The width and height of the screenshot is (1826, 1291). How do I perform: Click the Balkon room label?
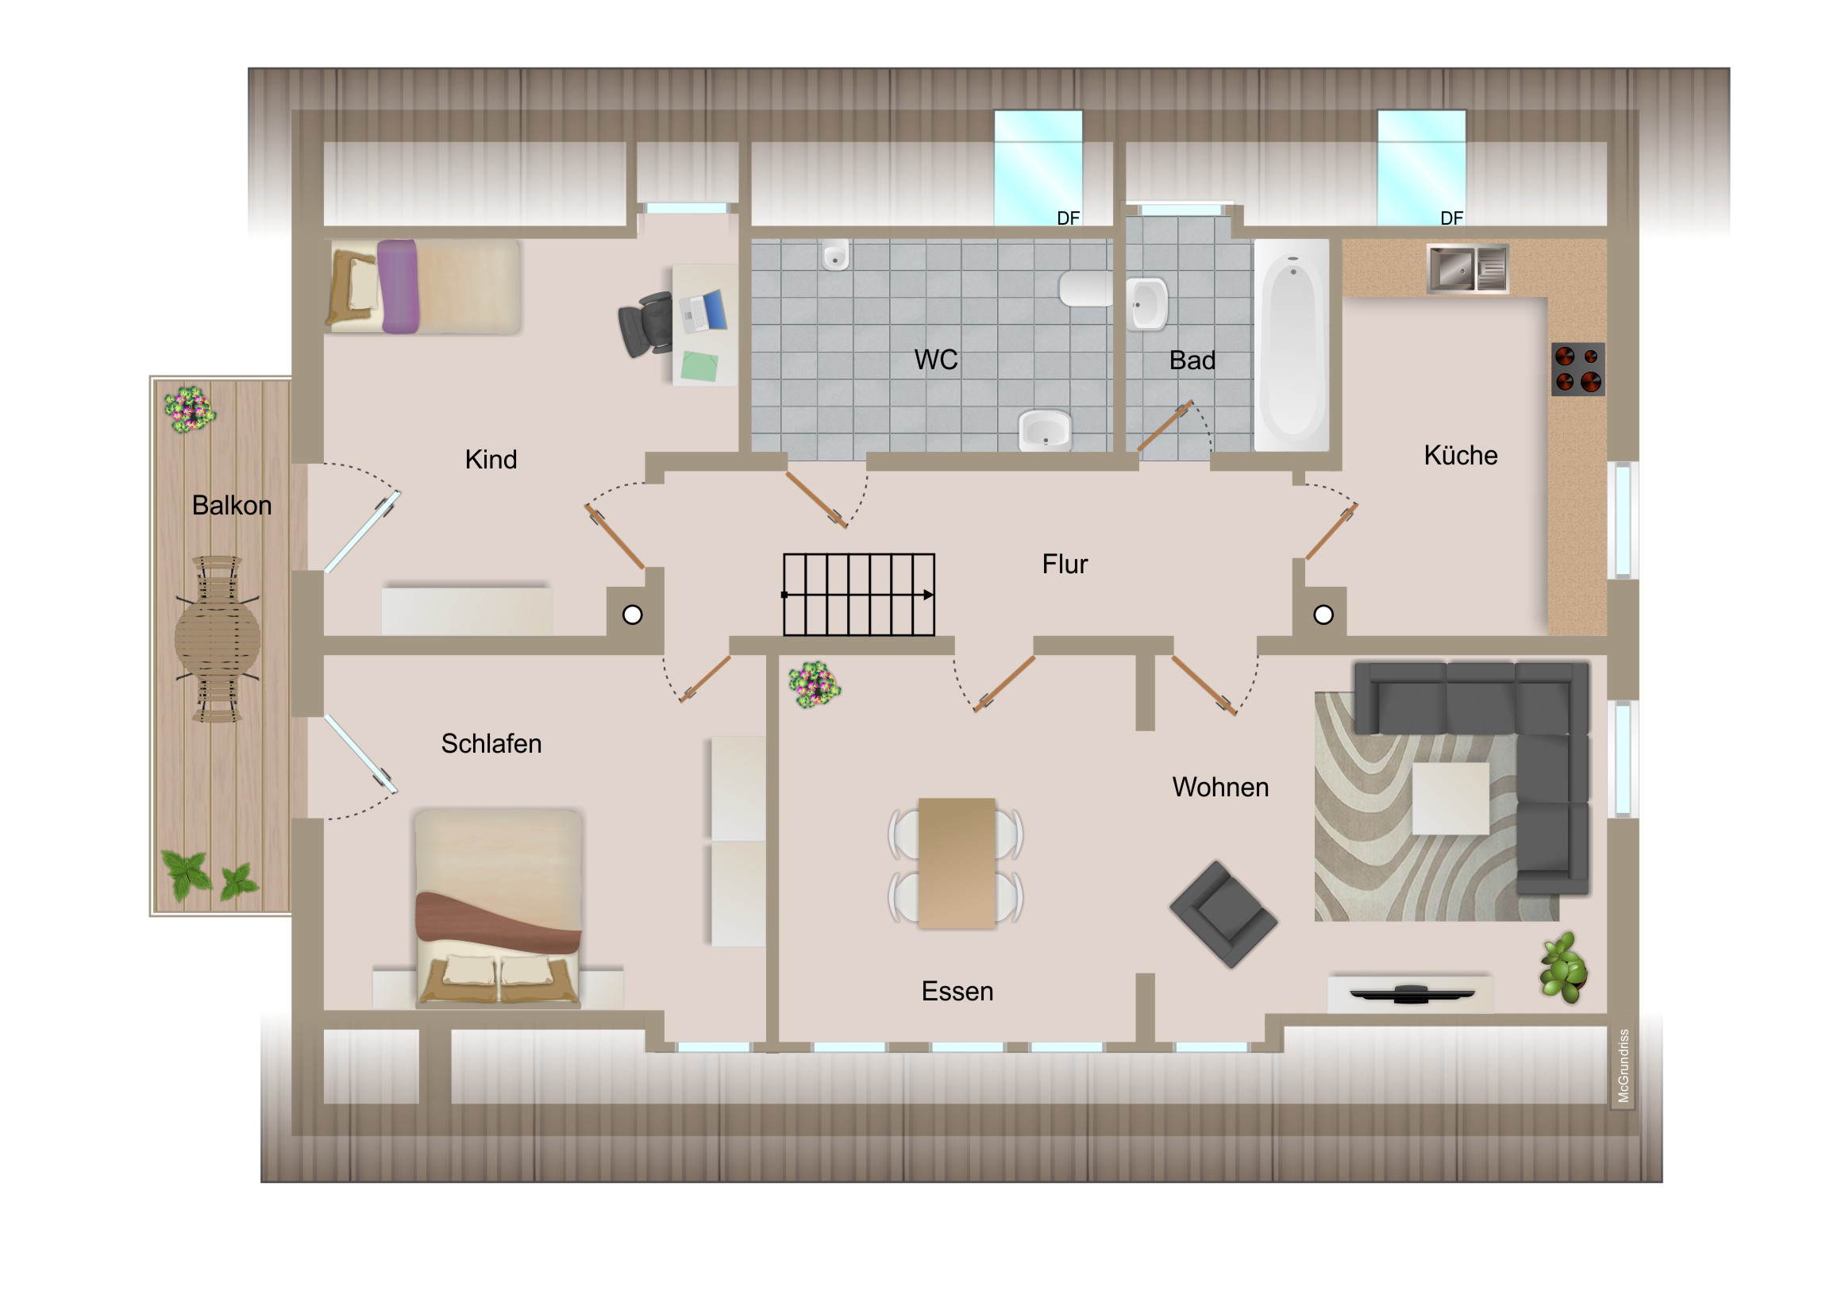232,506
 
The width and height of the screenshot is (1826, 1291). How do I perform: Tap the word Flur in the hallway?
1064,565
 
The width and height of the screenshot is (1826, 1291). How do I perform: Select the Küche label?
1460,455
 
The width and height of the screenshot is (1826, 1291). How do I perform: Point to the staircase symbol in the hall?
858,594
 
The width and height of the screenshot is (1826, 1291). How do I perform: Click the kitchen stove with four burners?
1578,369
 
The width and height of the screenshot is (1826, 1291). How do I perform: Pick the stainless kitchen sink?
1467,269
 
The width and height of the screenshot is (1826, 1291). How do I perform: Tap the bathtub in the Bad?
1292,345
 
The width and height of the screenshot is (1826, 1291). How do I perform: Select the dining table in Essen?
956,863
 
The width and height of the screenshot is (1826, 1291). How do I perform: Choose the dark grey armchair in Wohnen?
1223,915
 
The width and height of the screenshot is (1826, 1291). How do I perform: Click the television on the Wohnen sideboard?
1412,993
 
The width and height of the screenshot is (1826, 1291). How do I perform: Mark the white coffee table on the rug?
1450,799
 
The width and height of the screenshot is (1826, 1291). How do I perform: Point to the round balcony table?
217,638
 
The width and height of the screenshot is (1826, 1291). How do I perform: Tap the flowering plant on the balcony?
189,409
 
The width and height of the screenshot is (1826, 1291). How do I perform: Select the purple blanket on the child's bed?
398,287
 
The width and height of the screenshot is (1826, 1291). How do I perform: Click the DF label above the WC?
1068,218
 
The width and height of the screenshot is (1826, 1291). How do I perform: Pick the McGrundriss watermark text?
1624,1066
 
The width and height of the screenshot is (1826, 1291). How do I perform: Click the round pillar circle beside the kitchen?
1323,615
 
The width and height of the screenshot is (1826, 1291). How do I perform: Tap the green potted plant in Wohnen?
1563,968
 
